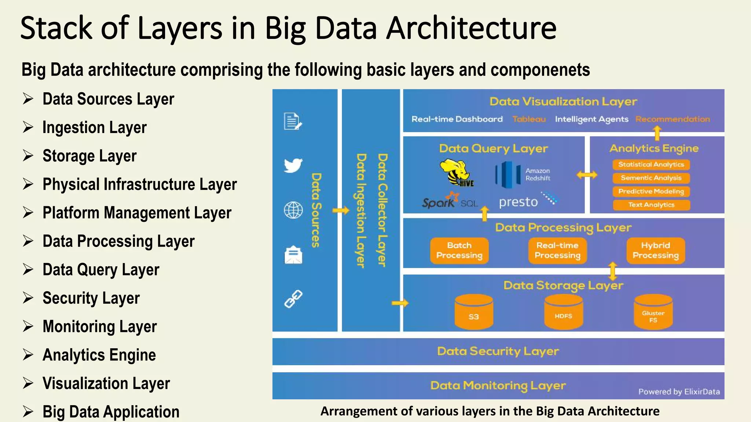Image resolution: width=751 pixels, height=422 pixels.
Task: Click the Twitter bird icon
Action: [293, 165]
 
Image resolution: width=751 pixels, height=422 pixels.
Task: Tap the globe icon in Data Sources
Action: [293, 210]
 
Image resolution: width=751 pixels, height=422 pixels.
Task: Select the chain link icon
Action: [293, 299]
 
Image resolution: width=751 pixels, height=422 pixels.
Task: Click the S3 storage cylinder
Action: [473, 312]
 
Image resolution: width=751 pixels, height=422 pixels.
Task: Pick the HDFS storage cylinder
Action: [563, 312]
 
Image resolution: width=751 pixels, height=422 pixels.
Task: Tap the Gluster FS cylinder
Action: [653, 312]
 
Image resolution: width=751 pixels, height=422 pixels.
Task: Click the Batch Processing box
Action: [459, 251]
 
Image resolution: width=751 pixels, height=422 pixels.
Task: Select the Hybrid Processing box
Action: [656, 251]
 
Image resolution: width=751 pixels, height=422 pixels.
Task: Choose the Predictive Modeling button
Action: [651, 191]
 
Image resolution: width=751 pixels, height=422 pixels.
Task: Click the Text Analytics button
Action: [651, 205]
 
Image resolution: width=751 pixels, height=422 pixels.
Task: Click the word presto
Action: [518, 202]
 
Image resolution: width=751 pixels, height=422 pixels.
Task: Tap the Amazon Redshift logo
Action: [508, 175]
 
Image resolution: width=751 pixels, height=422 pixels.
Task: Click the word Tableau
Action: [529, 119]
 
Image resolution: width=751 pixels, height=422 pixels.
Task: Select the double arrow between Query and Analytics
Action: [587, 175]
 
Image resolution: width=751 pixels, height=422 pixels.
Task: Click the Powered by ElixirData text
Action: [679, 392]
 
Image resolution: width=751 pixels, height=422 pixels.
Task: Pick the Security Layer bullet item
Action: [91, 298]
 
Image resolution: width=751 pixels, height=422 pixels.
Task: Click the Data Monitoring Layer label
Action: [498, 385]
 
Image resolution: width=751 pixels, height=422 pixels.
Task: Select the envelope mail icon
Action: [293, 255]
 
